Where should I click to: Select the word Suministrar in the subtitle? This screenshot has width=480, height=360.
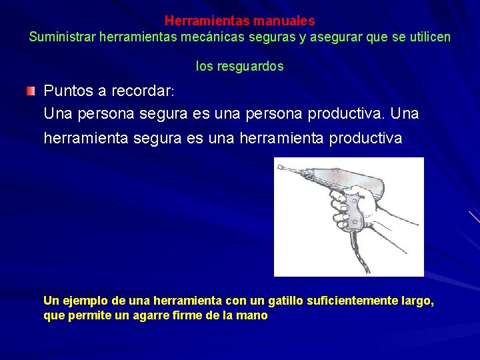pos(62,37)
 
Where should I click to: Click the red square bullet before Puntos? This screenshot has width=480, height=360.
pos(31,91)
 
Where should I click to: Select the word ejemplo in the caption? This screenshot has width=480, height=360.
pos(81,301)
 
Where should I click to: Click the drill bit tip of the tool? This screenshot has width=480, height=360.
pos(280,167)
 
